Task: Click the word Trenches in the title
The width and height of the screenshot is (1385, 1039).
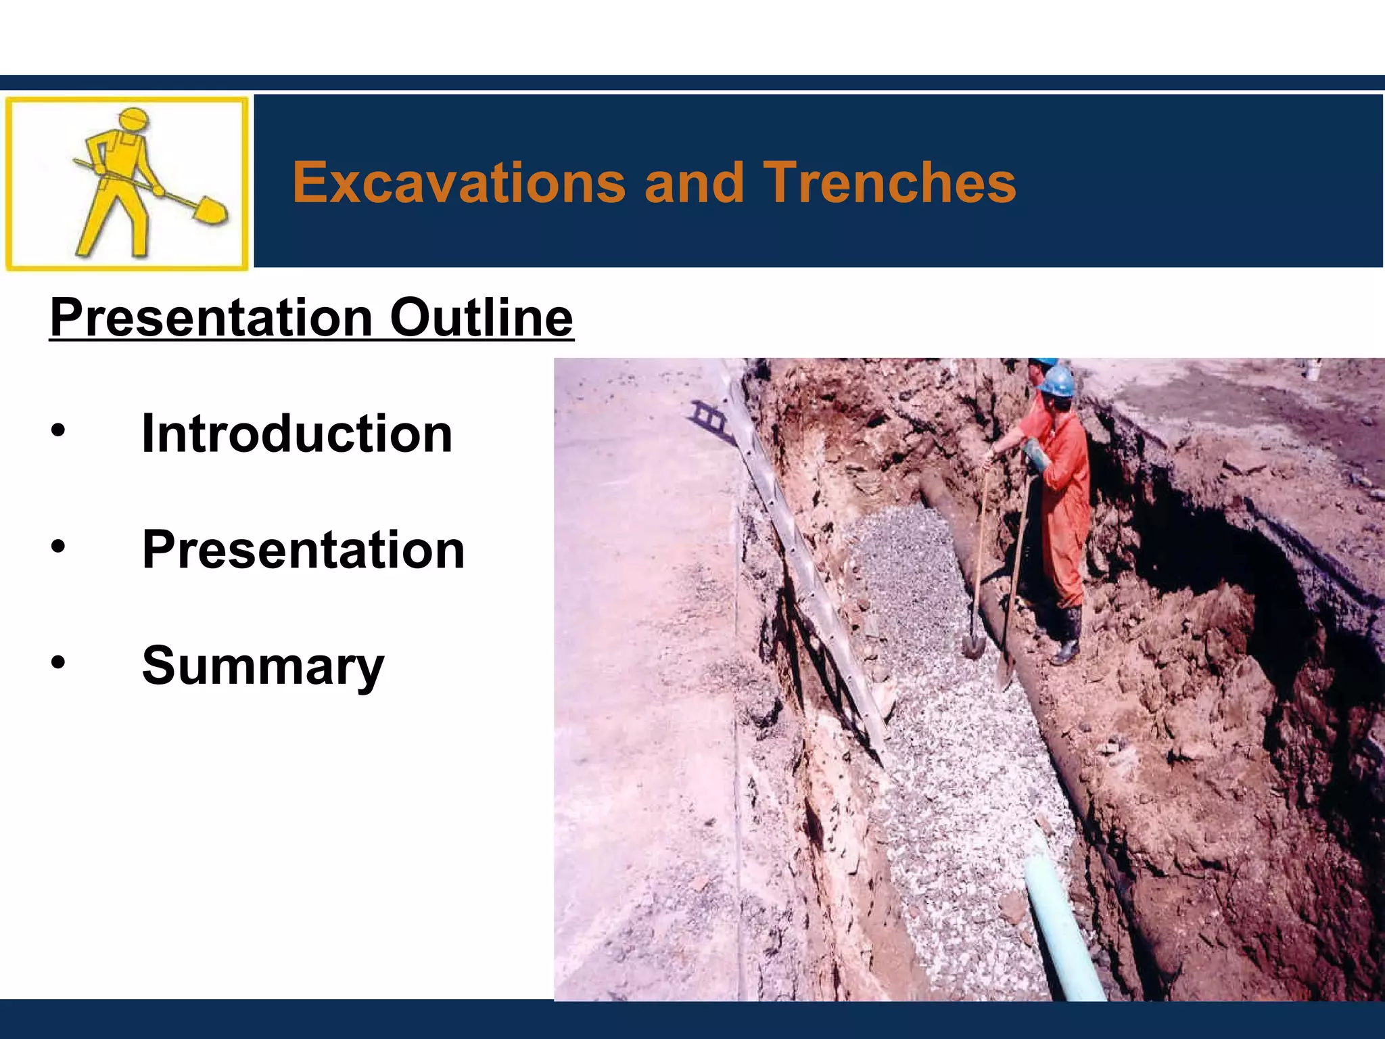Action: [x=889, y=183]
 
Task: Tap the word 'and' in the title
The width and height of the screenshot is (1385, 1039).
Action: [x=695, y=183]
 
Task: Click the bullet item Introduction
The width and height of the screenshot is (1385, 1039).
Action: [x=297, y=434]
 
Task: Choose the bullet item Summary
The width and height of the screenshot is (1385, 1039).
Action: [x=263, y=666]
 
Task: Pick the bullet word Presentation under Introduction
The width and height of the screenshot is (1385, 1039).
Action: [x=303, y=549]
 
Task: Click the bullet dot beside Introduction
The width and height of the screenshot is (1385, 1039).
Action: [x=59, y=431]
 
